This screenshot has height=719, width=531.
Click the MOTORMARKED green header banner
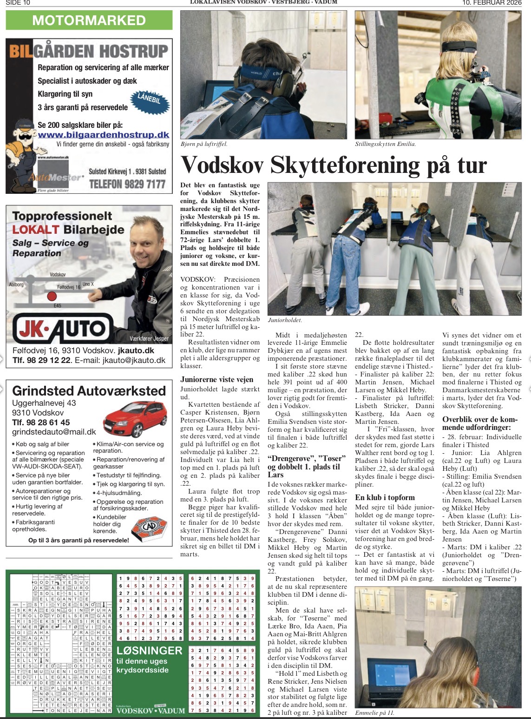click(x=89, y=20)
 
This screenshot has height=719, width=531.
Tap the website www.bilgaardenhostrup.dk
click(x=103, y=135)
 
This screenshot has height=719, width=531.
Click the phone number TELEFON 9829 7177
click(x=127, y=184)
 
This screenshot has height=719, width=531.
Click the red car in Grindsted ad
click(x=135, y=419)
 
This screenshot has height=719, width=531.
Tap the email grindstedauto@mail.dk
click(x=54, y=432)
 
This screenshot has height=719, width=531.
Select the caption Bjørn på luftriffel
click(x=203, y=144)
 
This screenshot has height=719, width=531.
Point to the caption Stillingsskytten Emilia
click(x=385, y=144)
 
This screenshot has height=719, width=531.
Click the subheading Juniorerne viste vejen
click(x=217, y=380)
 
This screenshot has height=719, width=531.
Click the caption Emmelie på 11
click(x=375, y=713)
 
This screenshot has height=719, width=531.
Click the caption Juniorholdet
click(x=285, y=320)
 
